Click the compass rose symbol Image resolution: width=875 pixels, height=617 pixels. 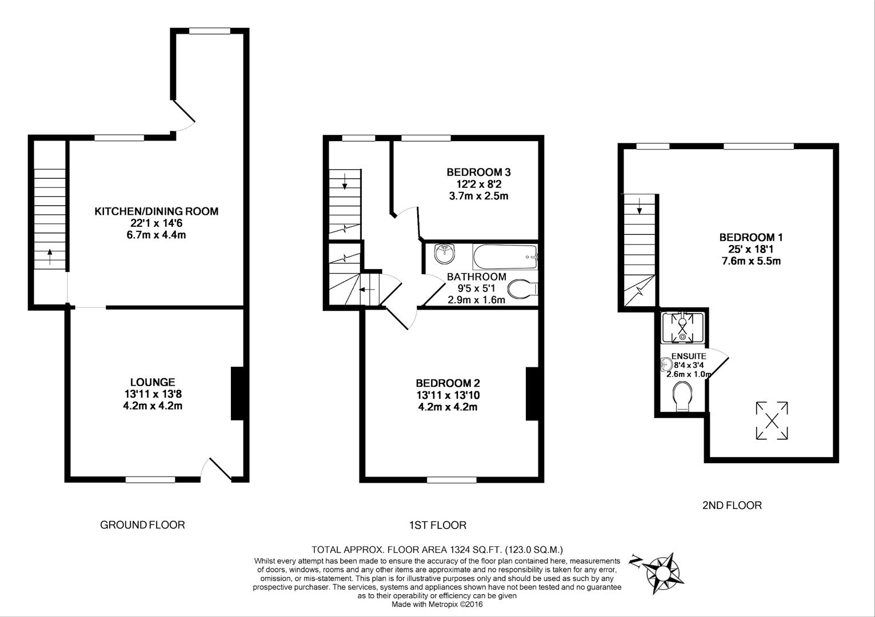click(663, 570)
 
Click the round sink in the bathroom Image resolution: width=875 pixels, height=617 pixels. click(444, 253)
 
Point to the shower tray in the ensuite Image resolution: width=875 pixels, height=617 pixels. click(682, 327)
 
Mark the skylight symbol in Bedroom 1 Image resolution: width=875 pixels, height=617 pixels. click(772, 421)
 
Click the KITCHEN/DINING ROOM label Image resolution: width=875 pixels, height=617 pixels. click(156, 211)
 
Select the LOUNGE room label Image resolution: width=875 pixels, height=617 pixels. click(152, 382)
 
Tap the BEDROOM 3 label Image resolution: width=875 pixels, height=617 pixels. click(478, 172)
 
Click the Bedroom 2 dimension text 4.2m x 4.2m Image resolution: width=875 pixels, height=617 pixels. click(447, 407)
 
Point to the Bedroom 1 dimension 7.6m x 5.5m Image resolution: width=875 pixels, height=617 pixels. click(750, 261)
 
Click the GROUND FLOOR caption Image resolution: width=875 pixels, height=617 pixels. click(142, 524)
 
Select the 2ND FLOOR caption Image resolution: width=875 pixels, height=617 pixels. click(732, 505)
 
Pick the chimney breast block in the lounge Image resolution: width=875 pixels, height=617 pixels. click(237, 394)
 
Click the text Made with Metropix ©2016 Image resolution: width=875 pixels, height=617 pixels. click(437, 604)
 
